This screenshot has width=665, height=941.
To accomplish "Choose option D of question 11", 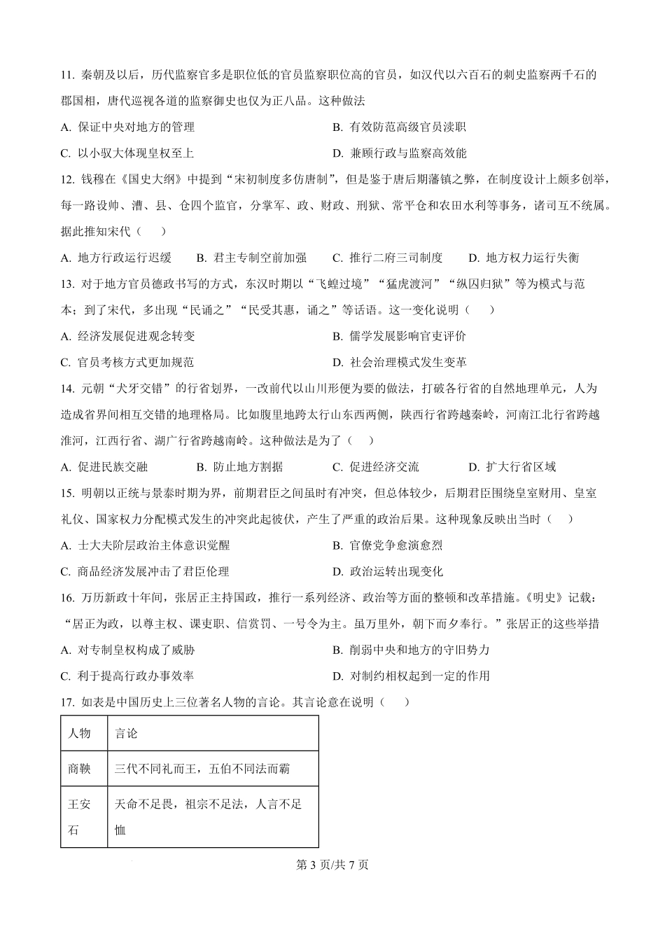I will (399, 153).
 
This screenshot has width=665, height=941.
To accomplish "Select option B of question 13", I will (399, 336).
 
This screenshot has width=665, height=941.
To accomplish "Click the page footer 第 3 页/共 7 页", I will (332, 865).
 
